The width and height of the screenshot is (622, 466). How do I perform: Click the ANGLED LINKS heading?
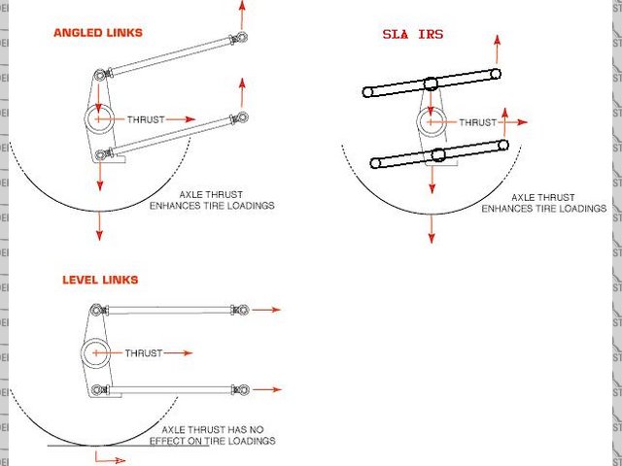tap(97, 32)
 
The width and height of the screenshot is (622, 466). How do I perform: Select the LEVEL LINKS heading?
tap(99, 280)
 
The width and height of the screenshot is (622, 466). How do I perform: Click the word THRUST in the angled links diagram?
tap(147, 118)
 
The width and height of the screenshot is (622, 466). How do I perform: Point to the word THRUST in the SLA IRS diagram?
tap(477, 122)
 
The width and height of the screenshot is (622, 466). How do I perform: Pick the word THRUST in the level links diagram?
tap(145, 353)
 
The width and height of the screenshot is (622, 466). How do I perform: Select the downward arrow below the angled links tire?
tap(99, 225)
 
